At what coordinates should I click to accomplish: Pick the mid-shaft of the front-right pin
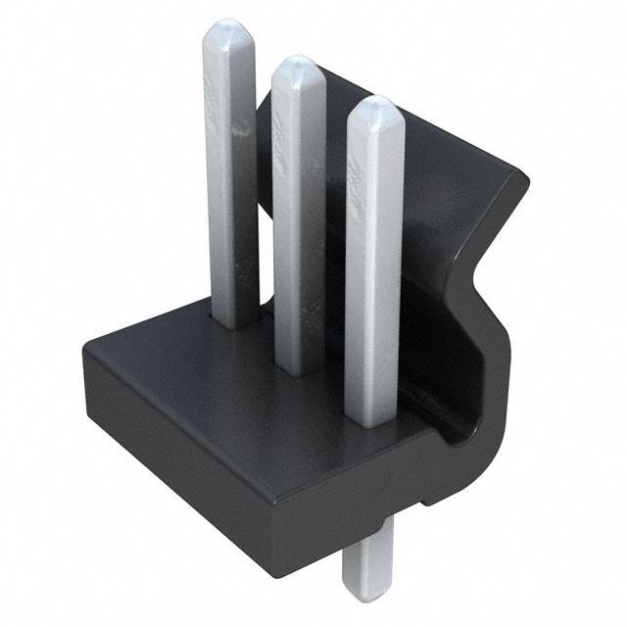374,265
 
